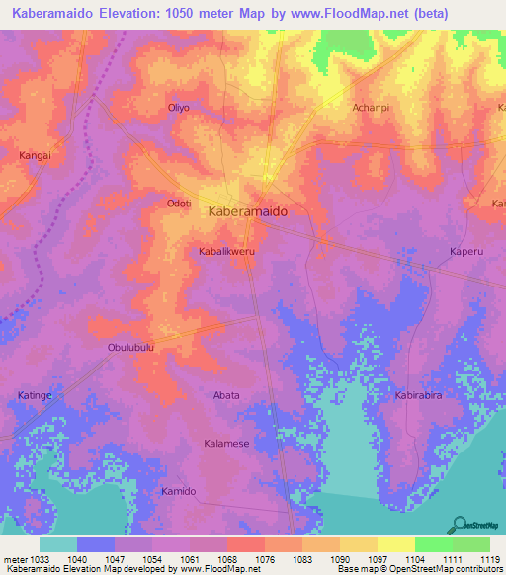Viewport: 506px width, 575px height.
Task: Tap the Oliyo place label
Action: click(178, 107)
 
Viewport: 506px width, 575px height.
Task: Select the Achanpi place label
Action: click(370, 107)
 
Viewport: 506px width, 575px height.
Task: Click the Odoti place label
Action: click(179, 204)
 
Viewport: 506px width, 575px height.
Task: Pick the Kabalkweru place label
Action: click(227, 252)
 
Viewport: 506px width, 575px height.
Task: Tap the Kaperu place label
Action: click(465, 252)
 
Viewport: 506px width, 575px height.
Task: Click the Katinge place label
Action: click(36, 395)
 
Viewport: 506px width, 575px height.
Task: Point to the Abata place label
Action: click(226, 395)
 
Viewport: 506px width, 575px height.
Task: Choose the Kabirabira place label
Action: click(424, 395)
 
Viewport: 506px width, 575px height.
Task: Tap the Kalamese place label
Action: click(227, 444)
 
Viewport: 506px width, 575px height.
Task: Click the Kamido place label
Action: click(179, 491)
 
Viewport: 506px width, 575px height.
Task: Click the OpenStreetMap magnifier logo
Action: click(458, 523)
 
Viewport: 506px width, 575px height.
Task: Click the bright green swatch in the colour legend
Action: click(433, 544)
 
